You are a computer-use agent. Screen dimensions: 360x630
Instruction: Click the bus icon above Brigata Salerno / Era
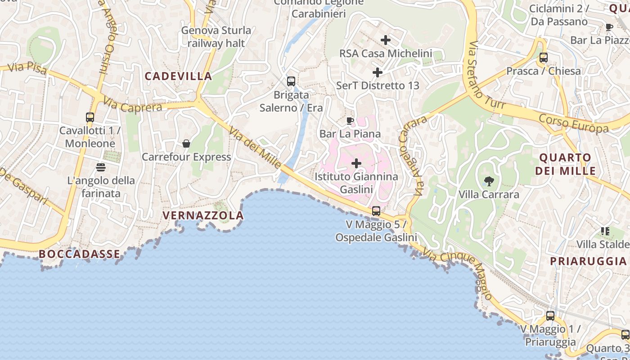(291, 81)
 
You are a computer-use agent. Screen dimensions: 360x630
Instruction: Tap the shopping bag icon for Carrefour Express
(186, 144)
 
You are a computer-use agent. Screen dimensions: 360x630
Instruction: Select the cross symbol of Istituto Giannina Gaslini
(356, 163)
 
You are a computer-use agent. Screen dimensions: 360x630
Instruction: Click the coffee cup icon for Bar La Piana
(350, 121)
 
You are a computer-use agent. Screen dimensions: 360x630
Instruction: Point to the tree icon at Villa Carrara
(489, 181)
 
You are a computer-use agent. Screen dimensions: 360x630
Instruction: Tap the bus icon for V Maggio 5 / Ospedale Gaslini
(376, 211)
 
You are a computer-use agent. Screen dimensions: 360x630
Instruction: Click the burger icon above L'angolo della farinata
(101, 167)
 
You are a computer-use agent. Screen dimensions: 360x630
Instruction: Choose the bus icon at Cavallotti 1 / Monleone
(90, 117)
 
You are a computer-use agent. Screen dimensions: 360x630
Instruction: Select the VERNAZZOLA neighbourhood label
(203, 216)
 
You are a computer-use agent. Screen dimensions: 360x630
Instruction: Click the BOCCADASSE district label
(80, 254)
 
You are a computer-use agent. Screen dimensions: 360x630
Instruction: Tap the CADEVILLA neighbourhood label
(178, 76)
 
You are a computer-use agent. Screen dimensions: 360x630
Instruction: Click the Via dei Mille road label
(255, 147)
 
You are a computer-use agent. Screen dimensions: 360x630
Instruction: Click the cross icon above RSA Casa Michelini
(385, 40)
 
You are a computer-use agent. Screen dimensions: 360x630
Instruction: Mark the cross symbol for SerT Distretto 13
(378, 72)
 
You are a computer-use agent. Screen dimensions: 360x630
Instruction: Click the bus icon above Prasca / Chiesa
(544, 58)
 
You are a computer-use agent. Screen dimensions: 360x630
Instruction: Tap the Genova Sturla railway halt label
(216, 37)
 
